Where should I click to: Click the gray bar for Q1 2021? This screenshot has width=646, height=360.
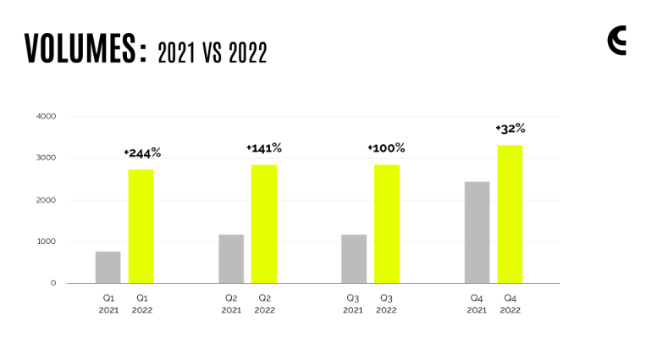click(108, 267)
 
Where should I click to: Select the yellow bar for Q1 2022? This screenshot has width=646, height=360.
click(141, 226)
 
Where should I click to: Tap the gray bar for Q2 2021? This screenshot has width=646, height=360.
click(231, 258)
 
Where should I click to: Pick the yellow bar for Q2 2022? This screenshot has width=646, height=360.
click(264, 224)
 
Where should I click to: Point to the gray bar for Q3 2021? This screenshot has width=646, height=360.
click(354, 258)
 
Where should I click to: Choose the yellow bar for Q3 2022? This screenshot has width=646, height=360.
click(387, 224)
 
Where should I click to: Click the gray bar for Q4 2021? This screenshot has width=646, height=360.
click(477, 232)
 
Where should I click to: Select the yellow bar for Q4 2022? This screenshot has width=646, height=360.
click(510, 213)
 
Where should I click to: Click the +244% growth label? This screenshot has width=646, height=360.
click(142, 153)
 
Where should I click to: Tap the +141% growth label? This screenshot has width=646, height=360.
click(264, 148)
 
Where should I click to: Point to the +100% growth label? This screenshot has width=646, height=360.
click(386, 148)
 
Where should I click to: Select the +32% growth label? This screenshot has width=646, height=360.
click(511, 129)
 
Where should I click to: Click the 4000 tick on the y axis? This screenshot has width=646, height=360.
click(47, 116)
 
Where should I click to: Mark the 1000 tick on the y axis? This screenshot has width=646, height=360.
click(47, 241)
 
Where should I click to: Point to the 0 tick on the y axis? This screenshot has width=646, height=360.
click(52, 283)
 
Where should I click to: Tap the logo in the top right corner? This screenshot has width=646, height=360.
click(617, 41)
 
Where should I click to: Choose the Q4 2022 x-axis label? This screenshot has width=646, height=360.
click(510, 304)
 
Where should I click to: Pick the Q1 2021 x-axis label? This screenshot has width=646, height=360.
click(108, 304)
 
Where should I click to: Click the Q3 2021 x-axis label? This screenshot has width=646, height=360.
click(353, 304)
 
